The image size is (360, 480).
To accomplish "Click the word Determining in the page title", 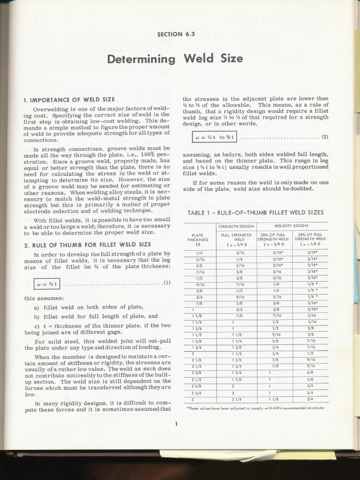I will click(x=141, y=59).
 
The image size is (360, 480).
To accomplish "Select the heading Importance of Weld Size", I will click(x=69, y=100).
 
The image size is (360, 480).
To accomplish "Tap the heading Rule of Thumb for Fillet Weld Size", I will click(x=87, y=244).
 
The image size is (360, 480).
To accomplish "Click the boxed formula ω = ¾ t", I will click(x=46, y=283).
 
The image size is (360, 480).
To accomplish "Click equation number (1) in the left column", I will click(x=167, y=283).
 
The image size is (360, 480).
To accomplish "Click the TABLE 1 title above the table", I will click(x=255, y=212).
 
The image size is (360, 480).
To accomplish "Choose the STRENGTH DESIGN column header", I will click(x=236, y=226).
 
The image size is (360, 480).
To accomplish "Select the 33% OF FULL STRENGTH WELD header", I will click(x=310, y=239).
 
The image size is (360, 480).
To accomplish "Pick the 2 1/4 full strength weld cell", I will click(x=236, y=399).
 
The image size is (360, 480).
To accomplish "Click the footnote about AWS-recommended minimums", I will click(x=255, y=408).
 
